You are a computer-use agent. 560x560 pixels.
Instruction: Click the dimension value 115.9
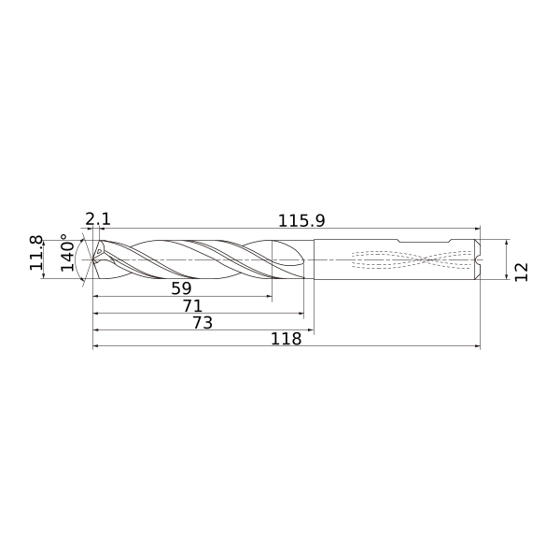coord(301,220)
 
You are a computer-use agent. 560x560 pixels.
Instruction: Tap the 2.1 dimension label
coord(98,219)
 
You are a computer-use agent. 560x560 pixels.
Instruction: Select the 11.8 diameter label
coord(36,253)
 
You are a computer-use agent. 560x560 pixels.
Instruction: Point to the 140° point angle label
coord(67,253)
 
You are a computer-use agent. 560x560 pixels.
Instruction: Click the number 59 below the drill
coord(181,288)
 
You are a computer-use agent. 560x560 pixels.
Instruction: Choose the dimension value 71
coord(193,306)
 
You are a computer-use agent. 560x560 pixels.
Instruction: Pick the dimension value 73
coord(203,323)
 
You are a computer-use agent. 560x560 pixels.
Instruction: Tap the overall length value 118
coord(287,339)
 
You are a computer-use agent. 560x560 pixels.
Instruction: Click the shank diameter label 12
coord(521,273)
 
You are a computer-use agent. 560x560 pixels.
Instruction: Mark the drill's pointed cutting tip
coord(93,259)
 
